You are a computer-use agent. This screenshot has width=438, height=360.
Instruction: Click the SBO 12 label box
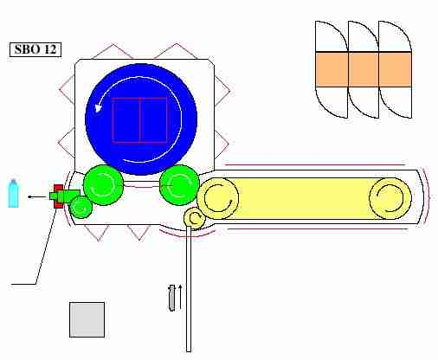tap(35, 49)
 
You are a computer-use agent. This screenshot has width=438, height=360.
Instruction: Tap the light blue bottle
tap(13, 193)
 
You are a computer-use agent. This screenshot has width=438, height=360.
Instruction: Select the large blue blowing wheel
tap(141, 119)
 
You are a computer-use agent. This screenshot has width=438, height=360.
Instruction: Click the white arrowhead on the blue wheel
tap(98, 108)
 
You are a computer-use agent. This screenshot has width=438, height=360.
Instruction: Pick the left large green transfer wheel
tap(103, 185)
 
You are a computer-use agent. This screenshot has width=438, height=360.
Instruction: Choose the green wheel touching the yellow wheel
tap(179, 185)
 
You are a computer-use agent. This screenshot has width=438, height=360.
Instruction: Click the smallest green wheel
tap(81, 207)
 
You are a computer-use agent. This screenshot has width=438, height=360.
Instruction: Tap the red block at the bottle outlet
tap(59, 196)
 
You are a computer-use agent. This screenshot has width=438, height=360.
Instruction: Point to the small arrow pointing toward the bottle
tap(37, 197)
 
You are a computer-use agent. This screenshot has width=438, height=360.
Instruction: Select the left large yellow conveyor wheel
tap(218, 198)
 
